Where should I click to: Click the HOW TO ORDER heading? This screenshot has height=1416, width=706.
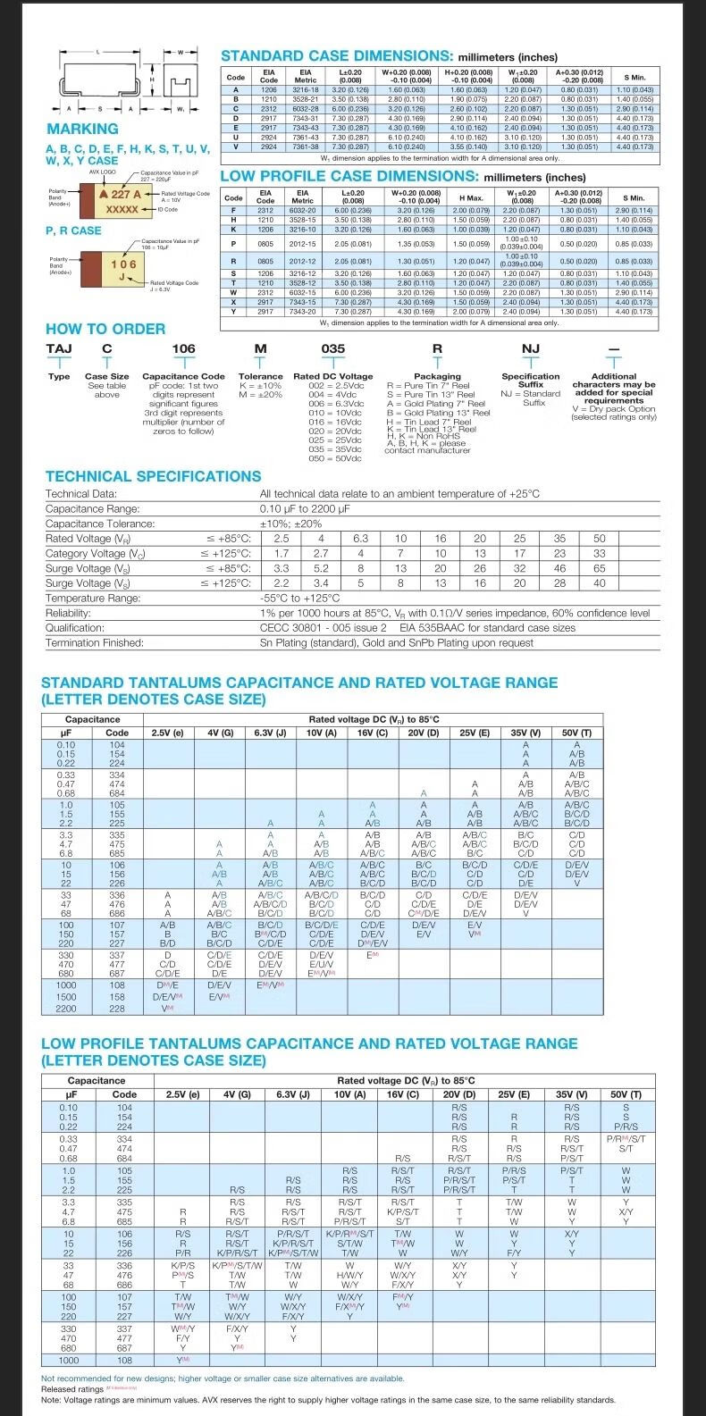(105, 329)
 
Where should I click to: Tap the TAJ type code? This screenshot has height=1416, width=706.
(59, 348)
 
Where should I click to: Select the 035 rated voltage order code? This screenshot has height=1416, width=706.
(332, 348)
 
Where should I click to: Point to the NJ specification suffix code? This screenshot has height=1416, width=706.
(531, 348)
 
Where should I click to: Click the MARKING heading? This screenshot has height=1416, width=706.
(82, 129)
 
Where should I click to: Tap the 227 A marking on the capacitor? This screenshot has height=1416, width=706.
(116, 194)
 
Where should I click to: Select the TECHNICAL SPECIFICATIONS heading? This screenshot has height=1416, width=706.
(141, 476)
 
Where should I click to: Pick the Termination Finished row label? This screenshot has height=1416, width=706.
(95, 642)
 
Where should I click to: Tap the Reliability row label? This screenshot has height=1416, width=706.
(68, 613)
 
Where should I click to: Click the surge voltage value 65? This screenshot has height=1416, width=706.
(599, 568)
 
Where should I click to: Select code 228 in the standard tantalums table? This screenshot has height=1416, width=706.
(117, 1008)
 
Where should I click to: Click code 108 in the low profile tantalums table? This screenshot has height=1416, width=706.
(124, 1361)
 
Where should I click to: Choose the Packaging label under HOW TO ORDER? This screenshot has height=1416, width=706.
(437, 376)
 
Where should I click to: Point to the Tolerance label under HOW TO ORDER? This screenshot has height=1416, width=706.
(260, 376)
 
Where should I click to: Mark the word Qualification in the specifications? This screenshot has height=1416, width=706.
(75, 628)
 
